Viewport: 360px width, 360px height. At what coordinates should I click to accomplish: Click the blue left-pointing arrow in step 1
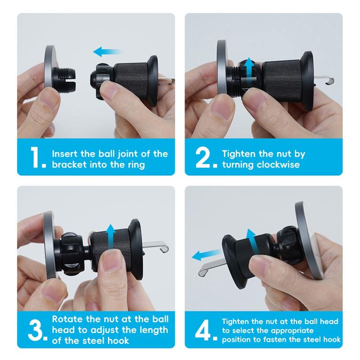pyautogui.click(x=107, y=52)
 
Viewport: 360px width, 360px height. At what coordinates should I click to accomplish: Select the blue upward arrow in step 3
pyautogui.click(x=111, y=237)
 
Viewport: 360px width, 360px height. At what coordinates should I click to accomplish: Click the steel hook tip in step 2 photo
pyautogui.click(x=331, y=81)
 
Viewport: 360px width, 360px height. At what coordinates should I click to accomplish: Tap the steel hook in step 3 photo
pyautogui.click(x=156, y=246)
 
